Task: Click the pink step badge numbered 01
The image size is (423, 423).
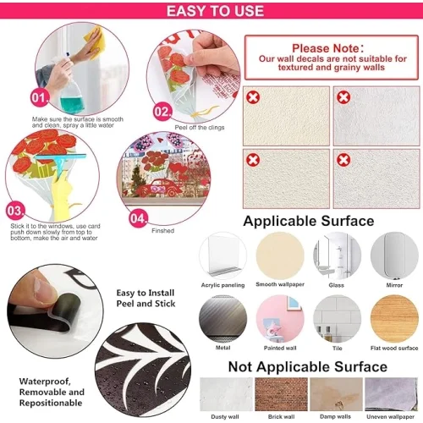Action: coord(40,98)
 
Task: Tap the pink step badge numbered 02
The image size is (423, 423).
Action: coord(162,112)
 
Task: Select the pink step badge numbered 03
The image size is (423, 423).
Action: coord(15,211)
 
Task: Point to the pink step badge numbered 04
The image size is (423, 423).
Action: coord(138,218)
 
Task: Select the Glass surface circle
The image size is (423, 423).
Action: coord(337,255)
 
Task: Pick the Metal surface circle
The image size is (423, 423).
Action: coord(222,319)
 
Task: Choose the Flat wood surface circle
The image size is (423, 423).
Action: coord(394,319)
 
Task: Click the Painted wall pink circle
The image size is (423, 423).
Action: coord(280,319)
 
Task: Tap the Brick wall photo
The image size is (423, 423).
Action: coord(281,394)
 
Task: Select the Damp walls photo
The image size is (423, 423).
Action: coord(336,394)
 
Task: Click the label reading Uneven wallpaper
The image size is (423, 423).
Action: coord(391,416)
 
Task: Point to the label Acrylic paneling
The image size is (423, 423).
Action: coord(222,285)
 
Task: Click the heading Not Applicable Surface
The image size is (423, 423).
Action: coord(308,367)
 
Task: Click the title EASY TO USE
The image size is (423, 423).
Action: coord(215,11)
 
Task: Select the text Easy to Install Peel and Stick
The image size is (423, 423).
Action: coord(146,298)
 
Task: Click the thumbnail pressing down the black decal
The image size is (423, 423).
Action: coord(55,311)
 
